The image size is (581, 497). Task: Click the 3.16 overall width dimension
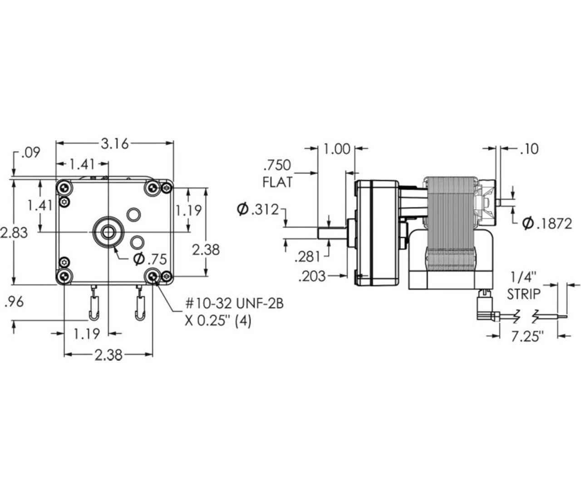(x=114, y=144)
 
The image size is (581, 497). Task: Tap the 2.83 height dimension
(x=14, y=233)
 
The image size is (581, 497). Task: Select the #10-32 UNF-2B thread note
(x=234, y=303)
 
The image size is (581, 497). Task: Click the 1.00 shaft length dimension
(x=338, y=149)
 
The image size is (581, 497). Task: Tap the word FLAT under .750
(x=278, y=182)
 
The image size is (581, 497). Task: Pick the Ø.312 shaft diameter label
(x=258, y=210)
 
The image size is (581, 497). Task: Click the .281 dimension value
(x=307, y=257)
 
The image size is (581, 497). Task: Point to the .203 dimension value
(x=312, y=276)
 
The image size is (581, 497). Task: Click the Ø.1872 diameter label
(x=547, y=224)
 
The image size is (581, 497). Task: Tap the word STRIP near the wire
(x=524, y=294)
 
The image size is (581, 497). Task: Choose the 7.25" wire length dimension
(x=527, y=336)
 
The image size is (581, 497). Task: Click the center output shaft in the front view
(x=108, y=232)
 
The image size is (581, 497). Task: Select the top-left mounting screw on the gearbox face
(x=64, y=187)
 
